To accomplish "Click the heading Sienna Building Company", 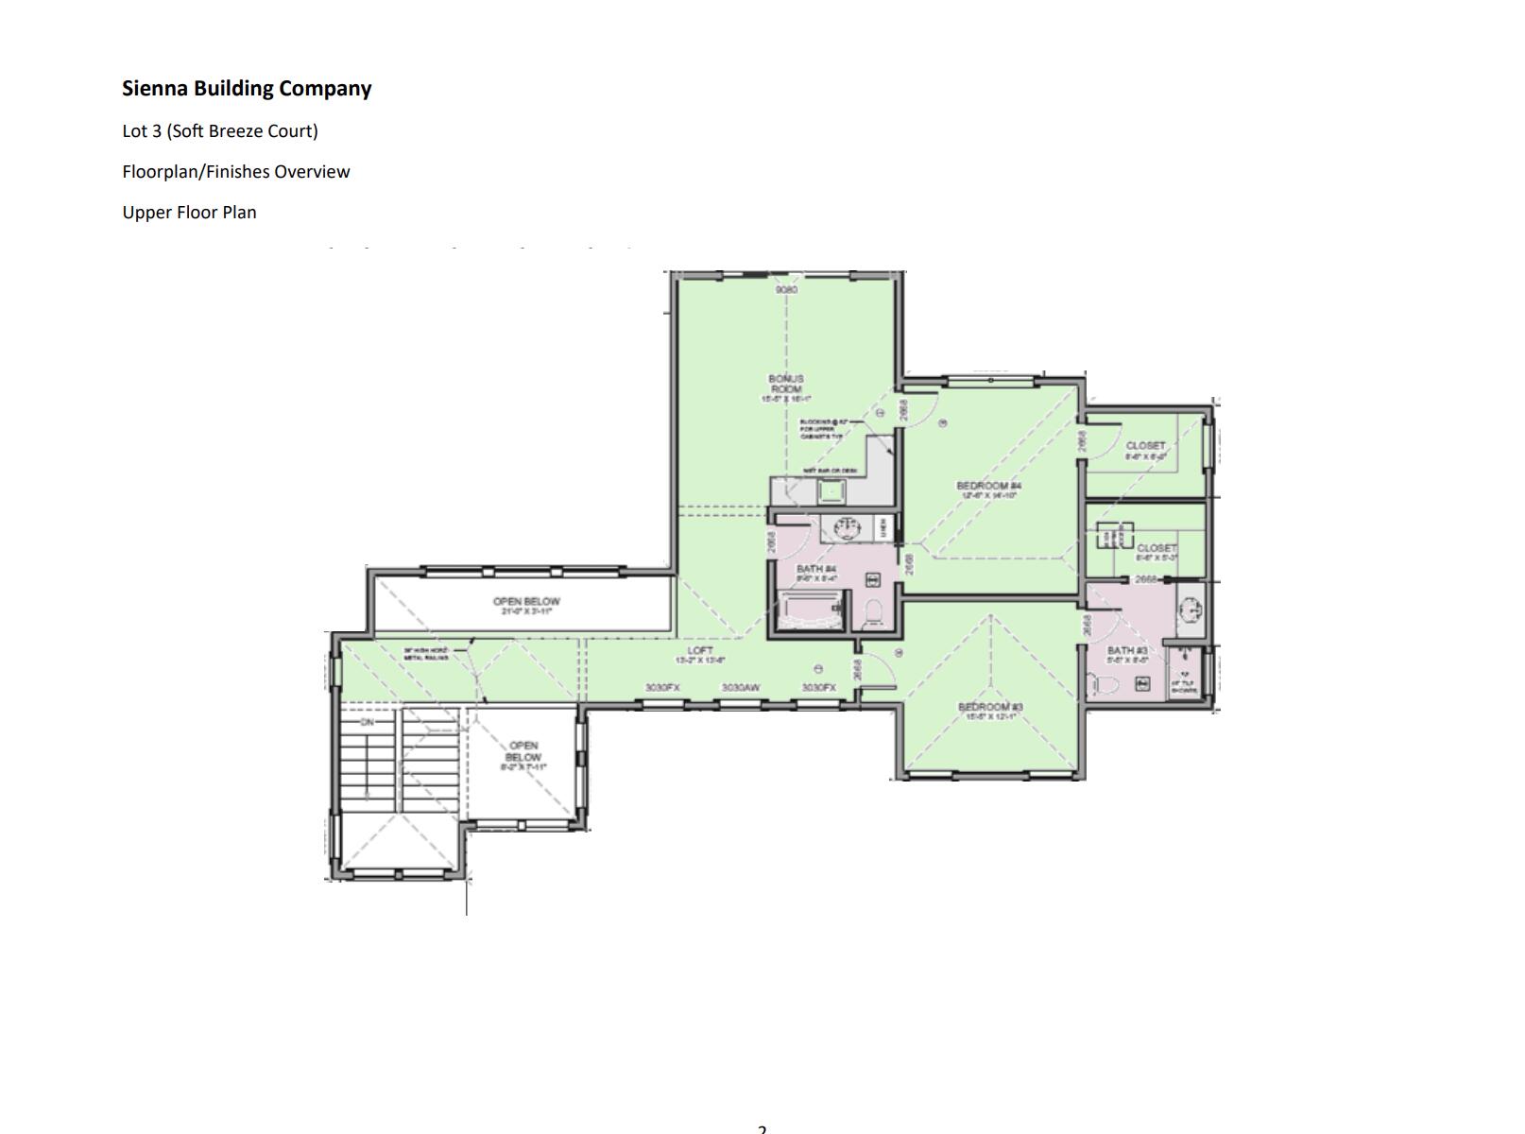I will tap(247, 89).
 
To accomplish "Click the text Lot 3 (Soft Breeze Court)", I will tap(220, 131).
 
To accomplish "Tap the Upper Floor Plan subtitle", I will tap(189, 213).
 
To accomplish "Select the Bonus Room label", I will tap(786, 384).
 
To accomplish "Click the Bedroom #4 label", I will tap(988, 487).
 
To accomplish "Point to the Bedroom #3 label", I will tap(990, 708).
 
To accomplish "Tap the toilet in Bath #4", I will tap(874, 612).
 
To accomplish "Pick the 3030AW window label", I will tap(741, 688).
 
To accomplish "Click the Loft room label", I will tap(700, 651).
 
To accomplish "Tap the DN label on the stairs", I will tap(367, 722).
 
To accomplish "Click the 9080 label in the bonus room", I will tap(786, 289).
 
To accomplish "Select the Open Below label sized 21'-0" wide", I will tap(526, 602).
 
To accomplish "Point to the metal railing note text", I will tap(427, 654).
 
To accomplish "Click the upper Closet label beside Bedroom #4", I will tap(1145, 446).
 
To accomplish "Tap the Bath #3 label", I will tap(1127, 651).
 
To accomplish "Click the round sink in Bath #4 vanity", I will tap(839, 527).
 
